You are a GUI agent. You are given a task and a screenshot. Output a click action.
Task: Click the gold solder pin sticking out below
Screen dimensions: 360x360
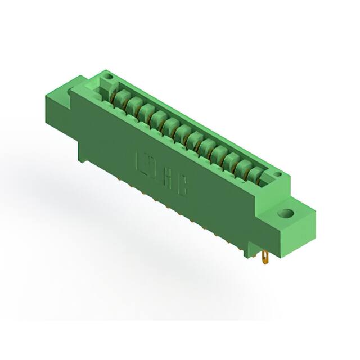coord(265,258)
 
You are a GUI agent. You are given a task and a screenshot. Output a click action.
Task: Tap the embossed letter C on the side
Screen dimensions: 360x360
coord(183,188)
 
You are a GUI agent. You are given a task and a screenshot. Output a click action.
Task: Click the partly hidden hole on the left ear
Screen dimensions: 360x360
coord(70,91)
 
